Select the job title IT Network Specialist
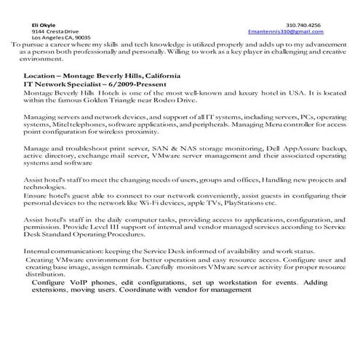[63, 85]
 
